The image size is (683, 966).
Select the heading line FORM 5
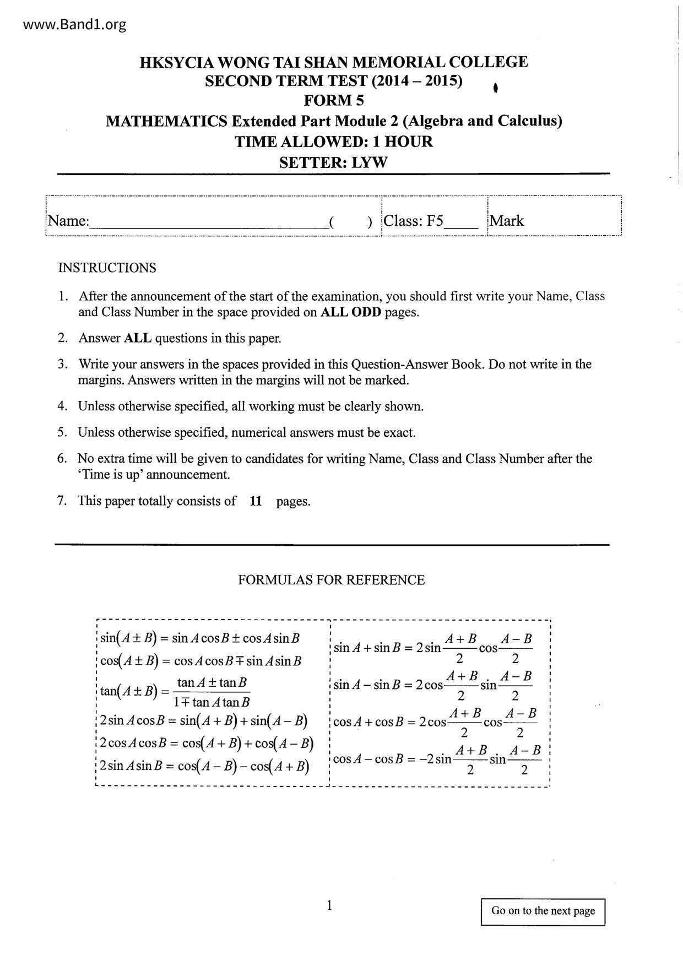tap(334, 101)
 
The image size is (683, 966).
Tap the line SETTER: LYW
tap(333, 163)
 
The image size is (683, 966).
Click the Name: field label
tap(68, 221)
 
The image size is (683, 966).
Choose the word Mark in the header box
tap(507, 221)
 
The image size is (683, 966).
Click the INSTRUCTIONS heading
tap(107, 268)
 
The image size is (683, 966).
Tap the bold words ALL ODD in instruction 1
tap(351, 312)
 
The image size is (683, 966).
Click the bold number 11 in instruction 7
tap(256, 501)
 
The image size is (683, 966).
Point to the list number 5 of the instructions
tap(62, 433)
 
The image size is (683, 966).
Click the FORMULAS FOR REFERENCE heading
tap(331, 580)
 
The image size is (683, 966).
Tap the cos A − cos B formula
tap(437, 759)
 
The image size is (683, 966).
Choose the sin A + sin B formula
tap(433, 648)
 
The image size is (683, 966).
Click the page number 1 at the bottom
tap(329, 905)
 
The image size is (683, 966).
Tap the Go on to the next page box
tap(543, 911)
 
